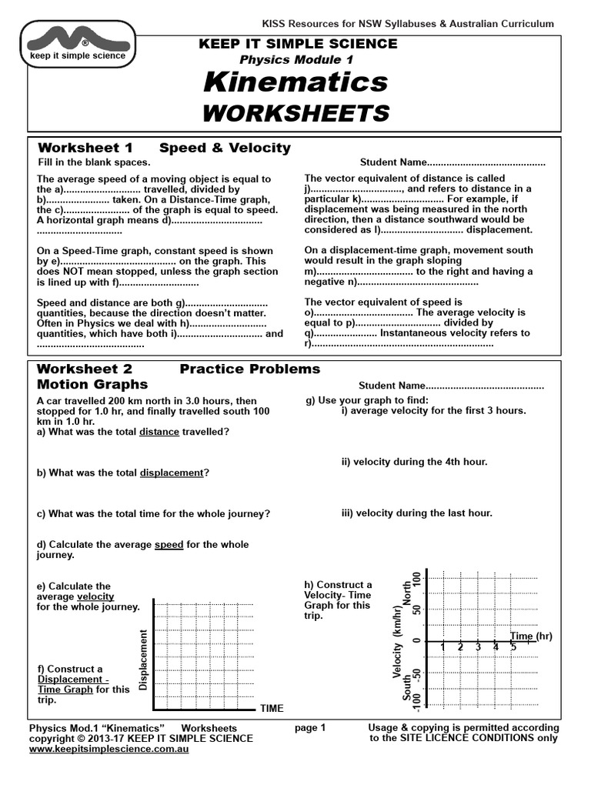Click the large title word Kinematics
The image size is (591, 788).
click(295, 82)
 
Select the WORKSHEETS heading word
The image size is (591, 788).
click(295, 113)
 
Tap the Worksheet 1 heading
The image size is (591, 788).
click(85, 148)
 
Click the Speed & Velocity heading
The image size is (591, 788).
click(225, 148)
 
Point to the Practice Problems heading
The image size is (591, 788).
click(249, 369)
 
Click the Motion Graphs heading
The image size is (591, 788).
click(92, 384)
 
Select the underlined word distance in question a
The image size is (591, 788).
click(159, 432)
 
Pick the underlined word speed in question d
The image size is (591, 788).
click(169, 545)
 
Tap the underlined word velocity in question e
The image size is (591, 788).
click(95, 596)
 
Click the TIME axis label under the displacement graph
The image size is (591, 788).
click(272, 708)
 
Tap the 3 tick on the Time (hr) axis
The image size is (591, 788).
click(478, 648)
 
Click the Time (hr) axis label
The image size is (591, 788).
click(531, 636)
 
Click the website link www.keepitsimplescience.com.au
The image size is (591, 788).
click(109, 748)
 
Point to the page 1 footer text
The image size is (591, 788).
click(311, 727)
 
